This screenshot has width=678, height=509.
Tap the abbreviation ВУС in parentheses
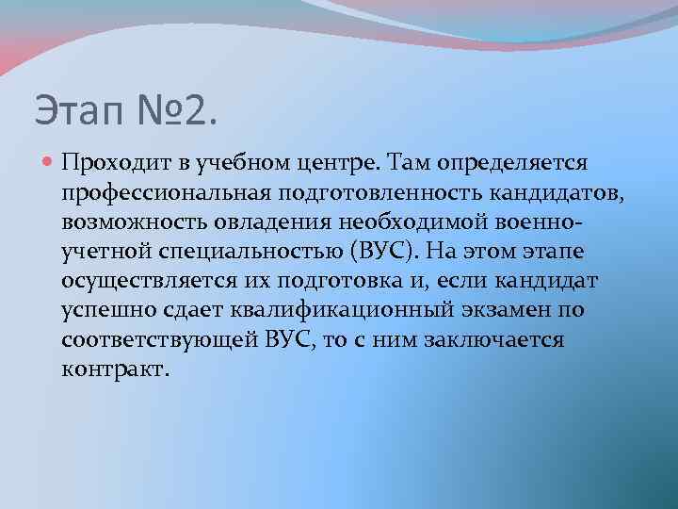[x=385, y=252]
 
